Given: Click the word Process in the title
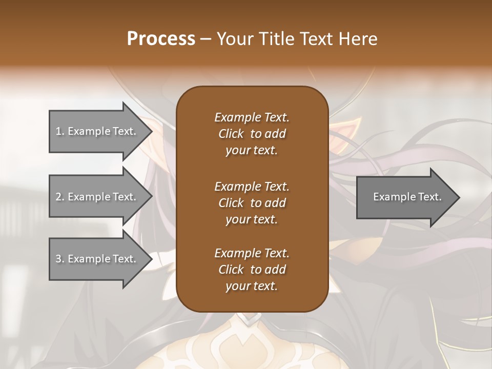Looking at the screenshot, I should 161,39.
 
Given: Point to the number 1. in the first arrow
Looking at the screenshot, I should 60,131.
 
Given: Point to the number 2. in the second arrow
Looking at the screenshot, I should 60,197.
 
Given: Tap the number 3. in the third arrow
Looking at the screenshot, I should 60,259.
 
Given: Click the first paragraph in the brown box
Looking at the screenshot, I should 252,134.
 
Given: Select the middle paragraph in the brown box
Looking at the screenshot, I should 252,203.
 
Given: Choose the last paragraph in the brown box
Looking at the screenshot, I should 252,270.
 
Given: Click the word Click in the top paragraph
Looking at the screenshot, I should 231,134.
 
